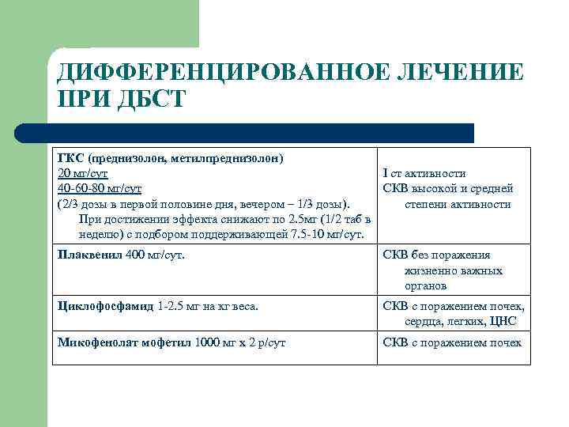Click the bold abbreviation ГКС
coord(72,158)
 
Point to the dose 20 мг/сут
coord(83,173)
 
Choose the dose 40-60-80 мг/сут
coord(100,188)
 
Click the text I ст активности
coord(424,173)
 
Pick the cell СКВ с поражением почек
coord(452,342)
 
